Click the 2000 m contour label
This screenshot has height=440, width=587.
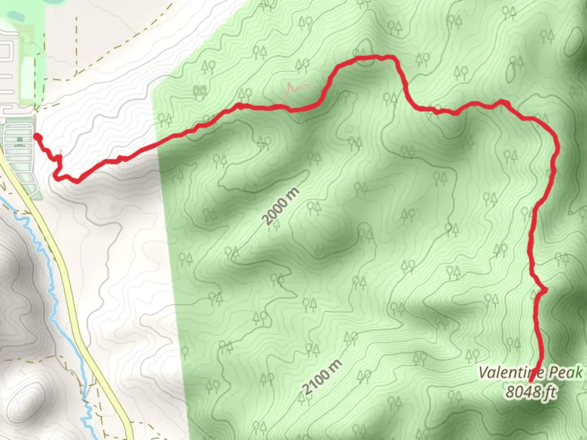pos(281,207)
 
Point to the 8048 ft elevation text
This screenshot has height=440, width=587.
pos(531,392)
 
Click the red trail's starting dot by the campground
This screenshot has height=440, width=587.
pos(36,136)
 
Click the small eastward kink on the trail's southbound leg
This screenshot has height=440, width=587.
pos(544,290)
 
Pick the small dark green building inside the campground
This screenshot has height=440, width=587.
pos(20,140)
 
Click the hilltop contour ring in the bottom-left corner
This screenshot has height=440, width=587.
pos(29,397)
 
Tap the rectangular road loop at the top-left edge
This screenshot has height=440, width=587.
pos(6,51)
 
